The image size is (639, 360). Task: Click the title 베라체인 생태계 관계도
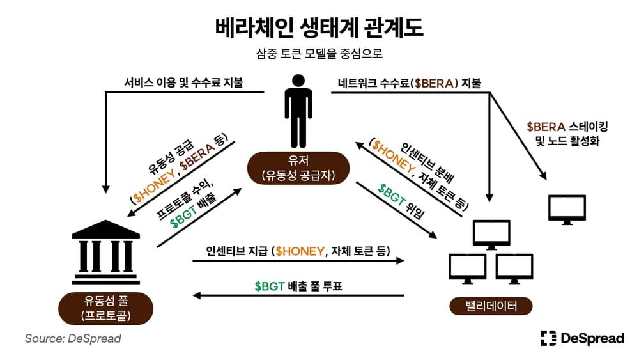(319, 27)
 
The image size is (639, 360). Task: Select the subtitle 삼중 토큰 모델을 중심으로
(319, 54)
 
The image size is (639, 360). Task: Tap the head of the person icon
(298, 81)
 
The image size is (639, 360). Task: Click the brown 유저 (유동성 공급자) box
(298, 168)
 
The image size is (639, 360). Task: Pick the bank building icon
(105, 252)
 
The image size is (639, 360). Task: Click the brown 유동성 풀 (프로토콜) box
(106, 308)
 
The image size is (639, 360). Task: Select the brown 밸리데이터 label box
(491, 306)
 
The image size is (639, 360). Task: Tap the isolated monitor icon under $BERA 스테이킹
(567, 210)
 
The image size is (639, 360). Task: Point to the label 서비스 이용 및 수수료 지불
(184, 82)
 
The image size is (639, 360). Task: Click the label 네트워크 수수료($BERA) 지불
(409, 83)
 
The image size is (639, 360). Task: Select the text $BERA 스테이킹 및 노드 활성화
(567, 134)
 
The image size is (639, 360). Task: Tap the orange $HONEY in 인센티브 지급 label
(300, 251)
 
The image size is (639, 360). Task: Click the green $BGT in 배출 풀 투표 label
(270, 286)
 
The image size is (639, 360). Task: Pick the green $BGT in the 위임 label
(392, 194)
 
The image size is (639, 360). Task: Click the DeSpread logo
(582, 338)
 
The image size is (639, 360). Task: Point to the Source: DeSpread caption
(73, 338)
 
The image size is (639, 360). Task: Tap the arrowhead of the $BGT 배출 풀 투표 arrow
(197, 295)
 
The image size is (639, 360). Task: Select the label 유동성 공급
(171, 157)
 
